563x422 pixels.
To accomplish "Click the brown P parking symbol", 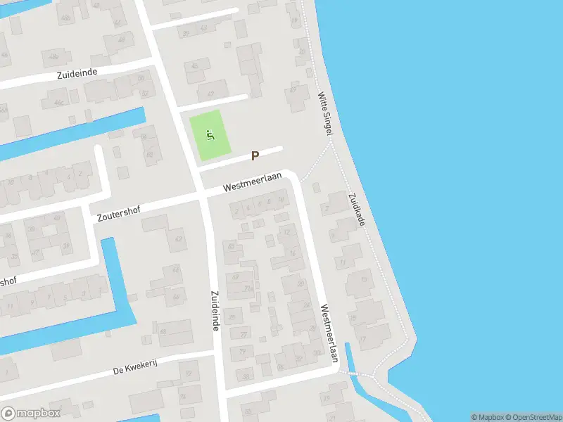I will point(255,156).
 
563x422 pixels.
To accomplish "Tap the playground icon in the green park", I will point(209,134).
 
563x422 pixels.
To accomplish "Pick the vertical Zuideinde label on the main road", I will point(217,312).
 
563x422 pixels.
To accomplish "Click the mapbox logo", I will point(30,414).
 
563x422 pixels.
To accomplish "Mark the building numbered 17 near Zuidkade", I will point(362,339).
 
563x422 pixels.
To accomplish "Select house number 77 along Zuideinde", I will point(243,334).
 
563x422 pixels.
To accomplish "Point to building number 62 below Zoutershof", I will point(178,240).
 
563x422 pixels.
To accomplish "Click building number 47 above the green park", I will point(210,94).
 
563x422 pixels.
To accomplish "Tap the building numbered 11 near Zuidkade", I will point(342,263).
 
